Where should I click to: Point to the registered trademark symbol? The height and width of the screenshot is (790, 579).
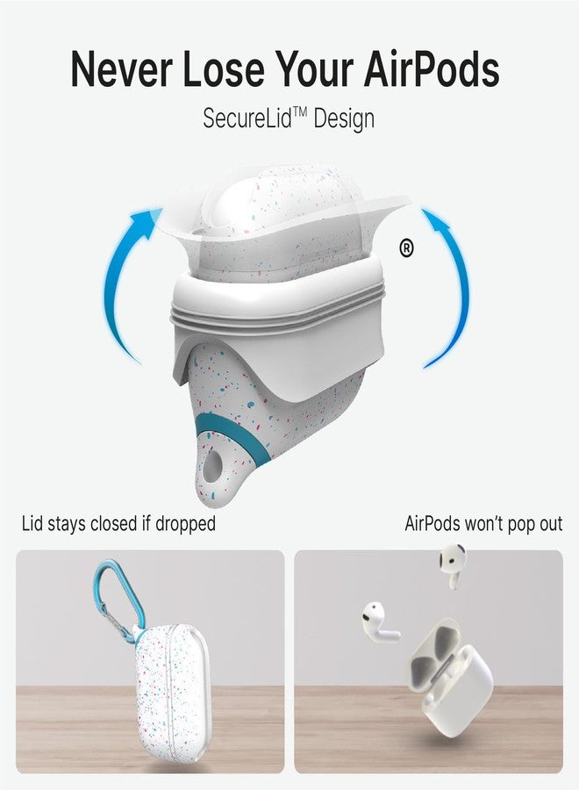[406, 249]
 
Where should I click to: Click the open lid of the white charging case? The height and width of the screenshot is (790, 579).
[434, 644]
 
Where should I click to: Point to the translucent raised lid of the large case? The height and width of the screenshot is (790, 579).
[289, 211]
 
